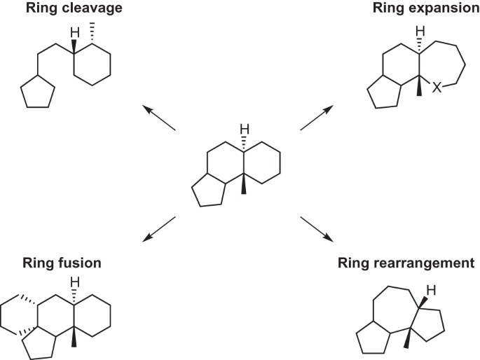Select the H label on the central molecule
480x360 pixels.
point(245,130)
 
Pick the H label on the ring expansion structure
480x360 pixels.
point(420,32)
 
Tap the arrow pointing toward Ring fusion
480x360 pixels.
point(159,230)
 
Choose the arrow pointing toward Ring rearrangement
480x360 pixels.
point(316,230)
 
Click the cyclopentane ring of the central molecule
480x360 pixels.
point(208,193)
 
